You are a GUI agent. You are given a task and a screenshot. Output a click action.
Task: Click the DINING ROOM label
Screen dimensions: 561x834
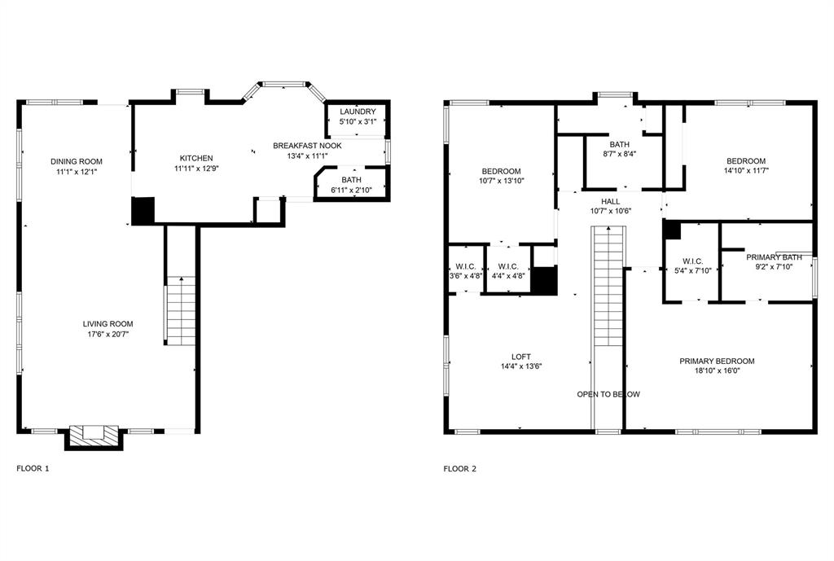76,161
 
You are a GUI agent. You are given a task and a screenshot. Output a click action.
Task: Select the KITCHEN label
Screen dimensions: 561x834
196,158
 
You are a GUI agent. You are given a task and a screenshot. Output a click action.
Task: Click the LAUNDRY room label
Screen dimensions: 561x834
358,112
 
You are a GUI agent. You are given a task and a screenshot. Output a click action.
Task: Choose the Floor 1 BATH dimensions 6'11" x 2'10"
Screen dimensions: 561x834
352,190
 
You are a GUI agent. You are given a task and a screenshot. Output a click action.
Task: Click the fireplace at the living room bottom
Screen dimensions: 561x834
93,436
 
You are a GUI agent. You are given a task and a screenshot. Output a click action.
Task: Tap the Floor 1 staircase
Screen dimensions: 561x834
182,309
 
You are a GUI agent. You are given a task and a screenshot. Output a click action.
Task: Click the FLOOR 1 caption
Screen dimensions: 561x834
33,469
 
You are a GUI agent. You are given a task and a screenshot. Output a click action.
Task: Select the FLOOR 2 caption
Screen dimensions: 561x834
459,469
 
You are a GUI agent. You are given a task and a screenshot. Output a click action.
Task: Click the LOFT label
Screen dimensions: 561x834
521,356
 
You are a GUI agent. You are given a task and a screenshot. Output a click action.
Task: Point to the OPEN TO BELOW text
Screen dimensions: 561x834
608,394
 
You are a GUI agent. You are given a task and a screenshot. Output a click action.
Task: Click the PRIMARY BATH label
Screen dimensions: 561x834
774,257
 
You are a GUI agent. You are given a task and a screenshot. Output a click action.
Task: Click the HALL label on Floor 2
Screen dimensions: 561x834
610,200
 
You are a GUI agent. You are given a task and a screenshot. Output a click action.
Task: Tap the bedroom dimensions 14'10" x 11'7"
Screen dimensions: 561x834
745,171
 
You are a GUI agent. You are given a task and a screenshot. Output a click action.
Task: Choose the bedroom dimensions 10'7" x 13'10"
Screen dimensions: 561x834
501,181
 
